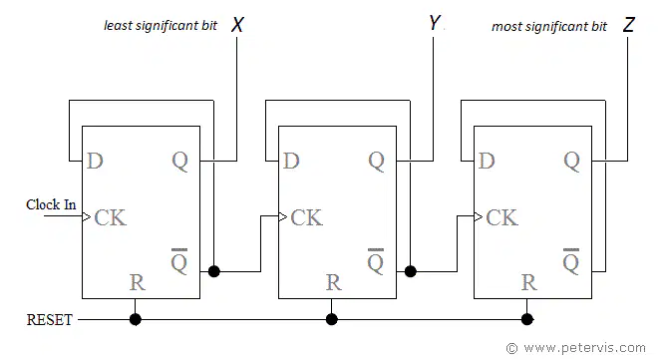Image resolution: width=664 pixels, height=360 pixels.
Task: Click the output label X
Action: click(x=237, y=25)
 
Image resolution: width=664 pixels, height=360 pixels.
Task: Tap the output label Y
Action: click(x=434, y=23)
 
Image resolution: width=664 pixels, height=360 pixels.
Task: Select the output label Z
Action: click(x=629, y=25)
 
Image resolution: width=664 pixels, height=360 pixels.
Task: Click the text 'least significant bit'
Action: click(x=161, y=25)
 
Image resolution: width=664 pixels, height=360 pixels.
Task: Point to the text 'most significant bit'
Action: click(x=549, y=26)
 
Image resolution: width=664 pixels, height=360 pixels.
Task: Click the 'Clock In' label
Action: click(x=51, y=204)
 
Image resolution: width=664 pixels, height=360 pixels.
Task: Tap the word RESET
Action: click(x=50, y=320)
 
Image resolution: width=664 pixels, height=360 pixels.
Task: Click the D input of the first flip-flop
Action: click(x=95, y=161)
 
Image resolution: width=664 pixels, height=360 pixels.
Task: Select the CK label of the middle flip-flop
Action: click(x=307, y=217)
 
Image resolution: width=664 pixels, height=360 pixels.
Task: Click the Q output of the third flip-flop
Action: click(x=571, y=162)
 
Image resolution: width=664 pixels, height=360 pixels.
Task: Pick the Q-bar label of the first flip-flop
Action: click(x=179, y=261)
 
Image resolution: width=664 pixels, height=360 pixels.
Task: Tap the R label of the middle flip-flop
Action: click(x=334, y=282)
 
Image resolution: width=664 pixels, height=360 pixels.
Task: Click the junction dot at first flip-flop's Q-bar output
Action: click(x=214, y=271)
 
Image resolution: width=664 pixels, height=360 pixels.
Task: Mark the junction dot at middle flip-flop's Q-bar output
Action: click(x=411, y=271)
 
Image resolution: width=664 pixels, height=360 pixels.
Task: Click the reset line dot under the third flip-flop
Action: click(x=527, y=319)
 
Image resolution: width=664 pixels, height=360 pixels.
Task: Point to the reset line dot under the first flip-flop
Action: click(x=135, y=319)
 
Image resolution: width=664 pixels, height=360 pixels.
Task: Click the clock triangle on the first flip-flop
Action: click(x=87, y=216)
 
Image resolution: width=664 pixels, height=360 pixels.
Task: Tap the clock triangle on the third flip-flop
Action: click(x=479, y=216)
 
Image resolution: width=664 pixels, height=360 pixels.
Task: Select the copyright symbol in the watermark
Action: click(x=512, y=348)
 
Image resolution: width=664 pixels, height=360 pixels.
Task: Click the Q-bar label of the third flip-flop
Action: click(x=571, y=261)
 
